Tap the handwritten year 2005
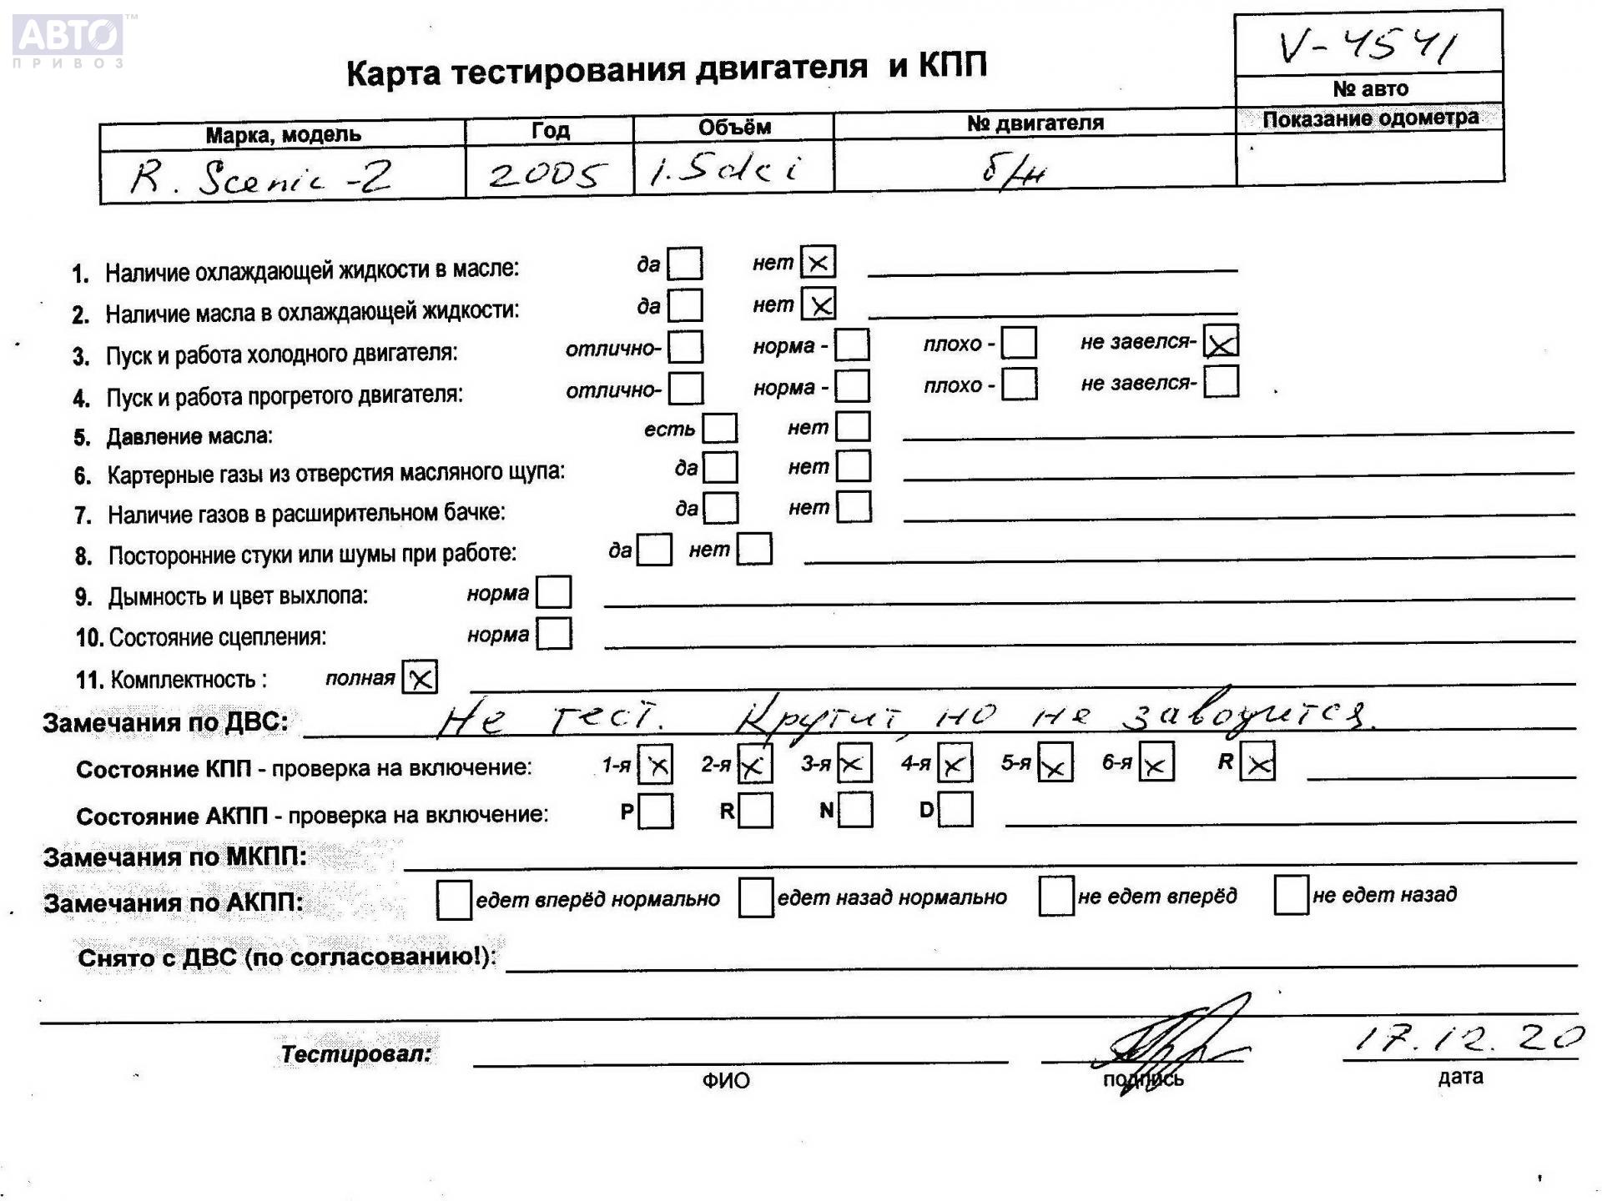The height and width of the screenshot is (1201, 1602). pos(547,174)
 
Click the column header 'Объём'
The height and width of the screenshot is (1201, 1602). pos(734,128)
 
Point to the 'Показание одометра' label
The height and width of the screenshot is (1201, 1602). pos(1370,119)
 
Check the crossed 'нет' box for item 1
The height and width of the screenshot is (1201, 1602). pos(818,263)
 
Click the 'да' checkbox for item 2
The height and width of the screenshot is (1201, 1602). pos(685,305)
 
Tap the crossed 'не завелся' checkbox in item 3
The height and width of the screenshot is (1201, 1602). pos(1221,342)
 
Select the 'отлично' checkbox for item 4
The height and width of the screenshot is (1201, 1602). pos(686,389)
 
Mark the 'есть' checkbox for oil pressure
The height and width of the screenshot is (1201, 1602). pos(719,429)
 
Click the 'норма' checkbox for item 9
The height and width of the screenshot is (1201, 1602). pos(554,593)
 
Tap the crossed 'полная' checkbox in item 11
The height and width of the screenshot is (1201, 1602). pos(420,677)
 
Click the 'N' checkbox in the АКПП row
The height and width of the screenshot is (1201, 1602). pos(855,810)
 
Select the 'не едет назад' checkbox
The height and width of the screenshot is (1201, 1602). pos(1290,896)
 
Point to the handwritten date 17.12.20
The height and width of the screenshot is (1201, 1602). pos(1467,1038)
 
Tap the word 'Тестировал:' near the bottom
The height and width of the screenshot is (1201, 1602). pos(356,1054)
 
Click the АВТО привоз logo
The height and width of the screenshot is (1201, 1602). pos(69,39)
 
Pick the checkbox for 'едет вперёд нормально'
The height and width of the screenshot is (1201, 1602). pos(454,900)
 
